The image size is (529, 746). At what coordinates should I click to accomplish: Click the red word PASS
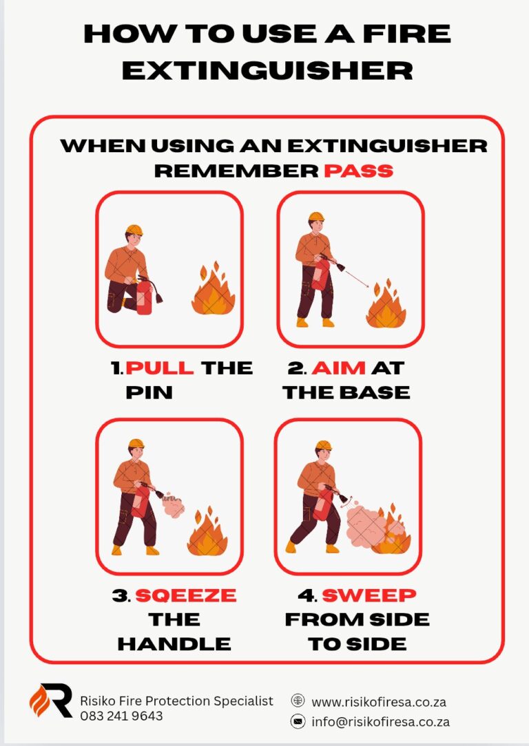pyautogui.click(x=359, y=171)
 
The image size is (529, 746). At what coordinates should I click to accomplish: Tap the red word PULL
pyautogui.click(x=160, y=367)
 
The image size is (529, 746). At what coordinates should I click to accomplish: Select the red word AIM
pyautogui.click(x=338, y=367)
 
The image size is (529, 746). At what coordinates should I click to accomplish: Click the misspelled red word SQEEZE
pyautogui.click(x=186, y=595)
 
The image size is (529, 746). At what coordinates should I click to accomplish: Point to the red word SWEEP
pyautogui.click(x=369, y=595)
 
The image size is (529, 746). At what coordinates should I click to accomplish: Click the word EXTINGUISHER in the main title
pyautogui.click(x=267, y=71)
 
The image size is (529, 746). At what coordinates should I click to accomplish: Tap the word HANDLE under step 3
pyautogui.click(x=174, y=643)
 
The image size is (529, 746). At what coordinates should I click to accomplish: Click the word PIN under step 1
pyautogui.click(x=149, y=392)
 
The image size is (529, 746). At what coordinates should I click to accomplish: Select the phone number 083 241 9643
pyautogui.click(x=121, y=716)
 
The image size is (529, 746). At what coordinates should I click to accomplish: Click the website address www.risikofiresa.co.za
pyautogui.click(x=379, y=702)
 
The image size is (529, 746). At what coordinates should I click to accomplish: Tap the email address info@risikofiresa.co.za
pyautogui.click(x=380, y=722)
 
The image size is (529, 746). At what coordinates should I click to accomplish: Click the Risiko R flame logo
pyautogui.click(x=50, y=701)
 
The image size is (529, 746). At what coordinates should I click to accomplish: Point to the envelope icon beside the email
pyautogui.click(x=298, y=721)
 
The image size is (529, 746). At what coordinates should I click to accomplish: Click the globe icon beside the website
pyautogui.click(x=298, y=701)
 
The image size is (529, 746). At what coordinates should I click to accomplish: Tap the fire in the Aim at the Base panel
pyautogui.click(x=386, y=304)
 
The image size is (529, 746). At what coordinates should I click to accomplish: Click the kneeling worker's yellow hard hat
pyautogui.click(x=134, y=231)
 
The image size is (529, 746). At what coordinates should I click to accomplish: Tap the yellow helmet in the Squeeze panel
pyautogui.click(x=136, y=443)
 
